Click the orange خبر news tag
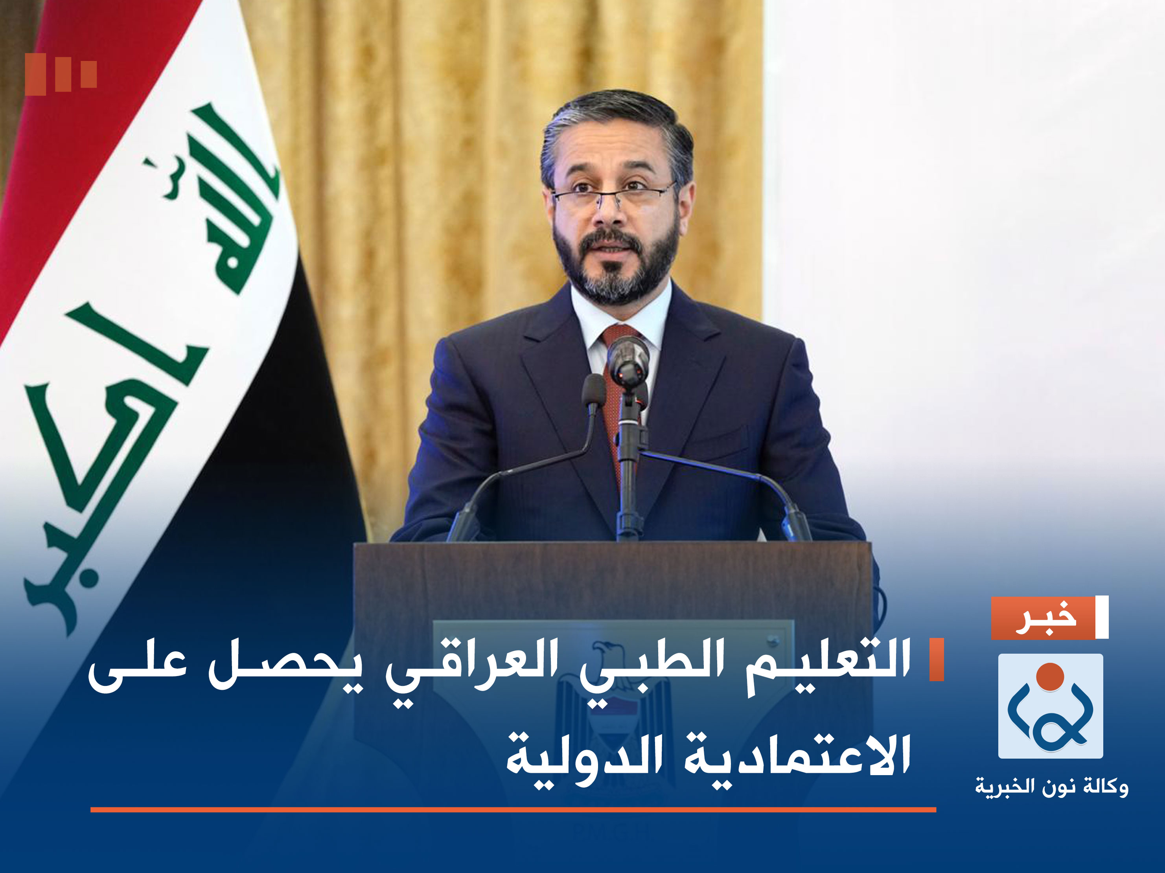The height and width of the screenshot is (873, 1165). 1042,618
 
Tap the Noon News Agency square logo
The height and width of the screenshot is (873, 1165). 1051,706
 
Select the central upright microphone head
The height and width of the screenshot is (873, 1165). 628,358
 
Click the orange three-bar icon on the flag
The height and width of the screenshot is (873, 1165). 61,74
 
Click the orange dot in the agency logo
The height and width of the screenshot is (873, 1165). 1050,676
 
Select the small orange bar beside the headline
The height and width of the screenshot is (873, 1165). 937,659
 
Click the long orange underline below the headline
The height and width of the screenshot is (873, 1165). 513,810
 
